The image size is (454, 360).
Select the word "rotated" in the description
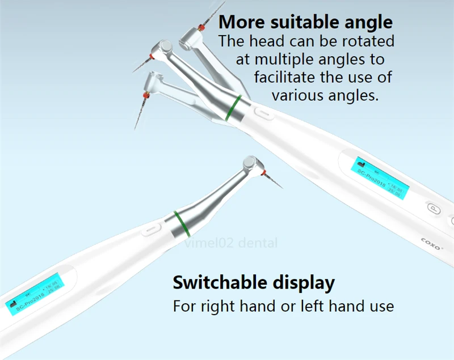[x=371, y=41]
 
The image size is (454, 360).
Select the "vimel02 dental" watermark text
[x=230, y=243]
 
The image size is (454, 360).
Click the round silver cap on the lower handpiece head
[x=249, y=163]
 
